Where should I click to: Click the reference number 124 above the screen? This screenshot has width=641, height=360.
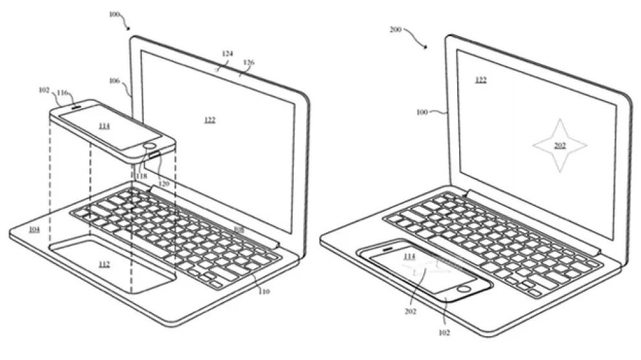[x=228, y=54]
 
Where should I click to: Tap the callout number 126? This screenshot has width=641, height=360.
[x=249, y=63]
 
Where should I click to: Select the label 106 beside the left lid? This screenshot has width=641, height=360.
[x=114, y=82]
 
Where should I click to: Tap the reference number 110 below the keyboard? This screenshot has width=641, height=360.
[x=264, y=292]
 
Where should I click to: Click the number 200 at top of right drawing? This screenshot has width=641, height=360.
[x=396, y=30]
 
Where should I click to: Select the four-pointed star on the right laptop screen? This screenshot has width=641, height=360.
[x=559, y=146]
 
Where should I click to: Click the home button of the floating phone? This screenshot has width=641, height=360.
[x=153, y=146]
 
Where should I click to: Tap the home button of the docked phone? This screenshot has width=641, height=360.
[x=464, y=287]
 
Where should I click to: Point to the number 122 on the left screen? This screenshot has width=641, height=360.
[x=209, y=120]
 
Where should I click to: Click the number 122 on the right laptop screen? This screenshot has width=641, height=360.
[x=480, y=80]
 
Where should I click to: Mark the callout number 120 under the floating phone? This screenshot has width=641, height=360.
[x=163, y=184]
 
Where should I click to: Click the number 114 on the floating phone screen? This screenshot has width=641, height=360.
[x=104, y=126]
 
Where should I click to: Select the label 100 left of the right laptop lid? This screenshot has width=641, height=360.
[x=422, y=112]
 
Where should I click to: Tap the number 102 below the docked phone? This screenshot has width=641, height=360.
[x=444, y=333]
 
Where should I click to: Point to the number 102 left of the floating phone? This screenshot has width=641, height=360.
[x=43, y=91]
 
